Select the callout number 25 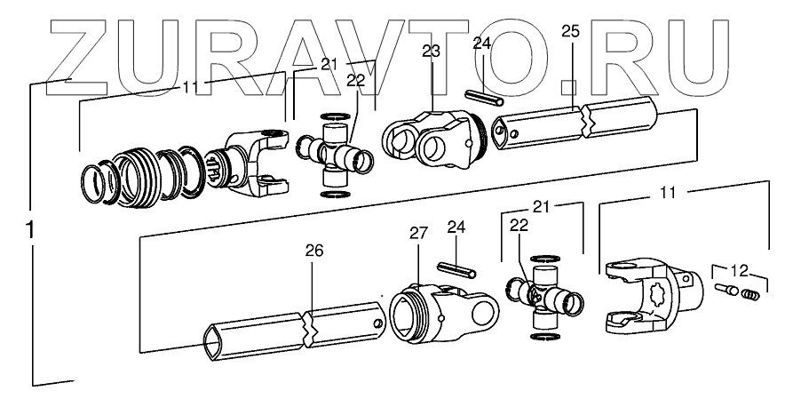[571, 33]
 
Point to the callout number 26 [315, 251]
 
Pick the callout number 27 [418, 234]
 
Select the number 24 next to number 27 [456, 227]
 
